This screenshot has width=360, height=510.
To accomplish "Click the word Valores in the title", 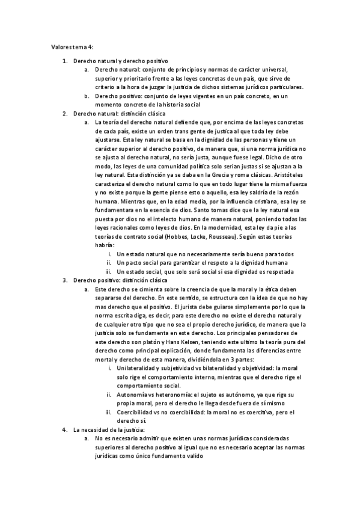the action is tap(59, 46).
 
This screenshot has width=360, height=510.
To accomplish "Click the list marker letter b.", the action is tap(87, 96).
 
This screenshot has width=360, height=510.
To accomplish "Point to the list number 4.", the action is tap(65, 429).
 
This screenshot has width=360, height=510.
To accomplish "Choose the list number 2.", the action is tap(65, 112).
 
